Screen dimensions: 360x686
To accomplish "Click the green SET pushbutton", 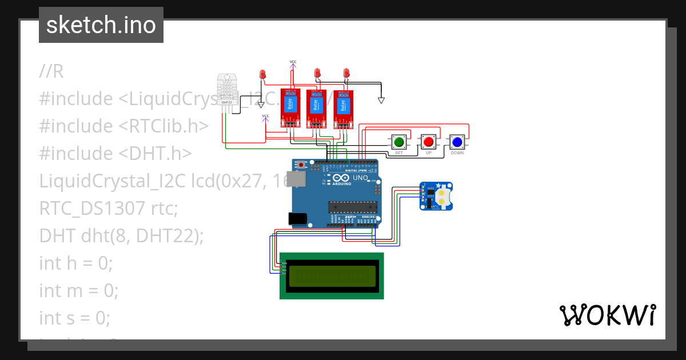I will (x=399, y=141).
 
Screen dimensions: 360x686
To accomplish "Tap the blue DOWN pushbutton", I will (x=456, y=141).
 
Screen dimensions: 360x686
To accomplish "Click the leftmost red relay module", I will (x=290, y=108).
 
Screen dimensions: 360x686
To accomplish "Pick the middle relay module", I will (x=315, y=108).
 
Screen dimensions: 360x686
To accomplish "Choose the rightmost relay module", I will (x=344, y=108).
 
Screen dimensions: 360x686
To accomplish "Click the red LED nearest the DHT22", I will (x=262, y=74).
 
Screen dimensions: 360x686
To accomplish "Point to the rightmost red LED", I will (x=346, y=73).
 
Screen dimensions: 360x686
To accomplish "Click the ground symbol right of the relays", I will (x=381, y=101).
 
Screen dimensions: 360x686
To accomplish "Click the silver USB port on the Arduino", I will (x=295, y=179).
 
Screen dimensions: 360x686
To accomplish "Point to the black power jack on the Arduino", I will (x=297, y=217).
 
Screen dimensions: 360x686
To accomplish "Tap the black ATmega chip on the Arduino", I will (x=352, y=206).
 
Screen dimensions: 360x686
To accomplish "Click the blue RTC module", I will (x=436, y=196).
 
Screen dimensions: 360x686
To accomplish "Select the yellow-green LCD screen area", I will (x=332, y=276).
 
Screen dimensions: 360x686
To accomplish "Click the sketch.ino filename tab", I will (x=101, y=25).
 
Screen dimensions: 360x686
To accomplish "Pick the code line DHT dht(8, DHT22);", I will (x=121, y=235).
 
